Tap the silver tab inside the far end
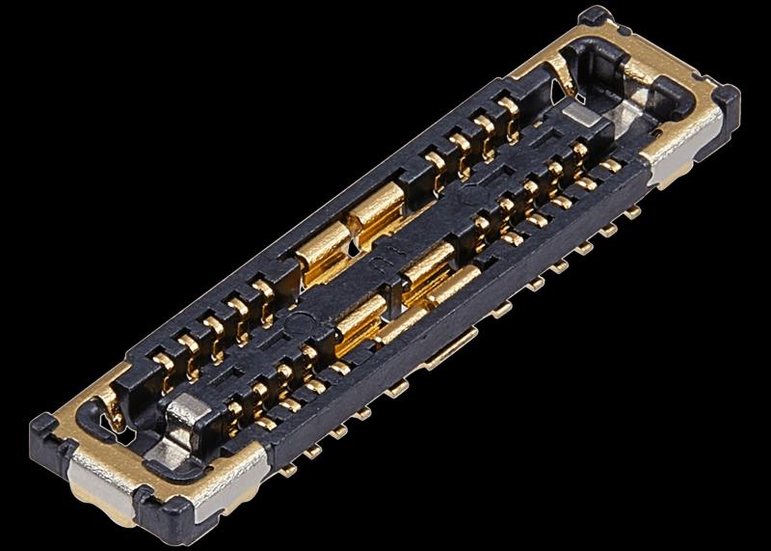click(580, 116)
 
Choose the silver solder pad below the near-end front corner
click(231, 492)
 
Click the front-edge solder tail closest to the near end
click(289, 470)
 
